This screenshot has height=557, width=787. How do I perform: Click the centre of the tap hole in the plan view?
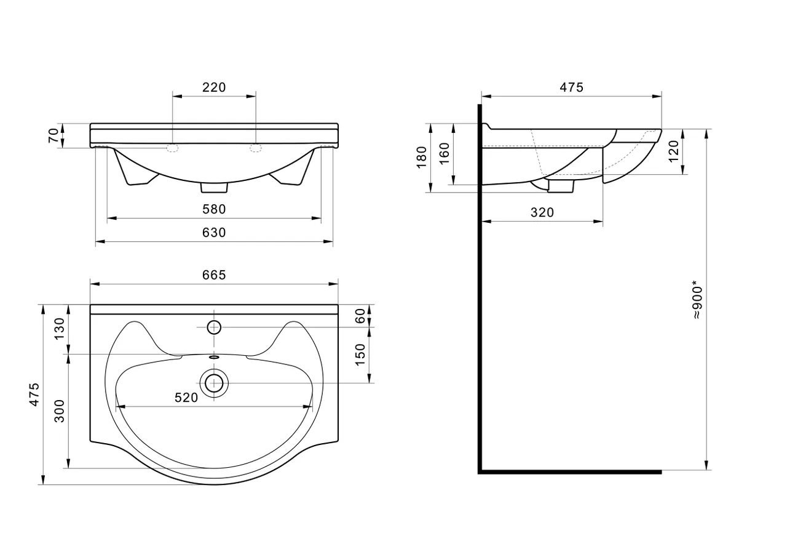[x=214, y=327]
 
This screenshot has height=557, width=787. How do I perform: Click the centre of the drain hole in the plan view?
[x=214, y=383]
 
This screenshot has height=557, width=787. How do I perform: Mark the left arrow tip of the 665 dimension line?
[x=90, y=284]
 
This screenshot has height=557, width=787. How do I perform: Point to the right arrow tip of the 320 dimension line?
[x=603, y=221]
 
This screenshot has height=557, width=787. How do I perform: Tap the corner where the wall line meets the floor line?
[x=480, y=472]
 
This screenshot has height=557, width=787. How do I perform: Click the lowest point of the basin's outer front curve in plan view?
[x=215, y=484]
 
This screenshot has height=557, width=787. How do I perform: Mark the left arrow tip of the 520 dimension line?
[x=116, y=407]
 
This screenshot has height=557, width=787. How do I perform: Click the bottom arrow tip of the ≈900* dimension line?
[x=706, y=470]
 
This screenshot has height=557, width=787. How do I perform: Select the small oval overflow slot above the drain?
[x=214, y=357]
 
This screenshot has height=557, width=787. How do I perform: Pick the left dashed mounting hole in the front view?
[x=172, y=148]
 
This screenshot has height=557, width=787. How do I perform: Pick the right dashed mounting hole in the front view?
[x=256, y=148]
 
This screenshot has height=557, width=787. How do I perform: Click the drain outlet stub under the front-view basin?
[x=214, y=188]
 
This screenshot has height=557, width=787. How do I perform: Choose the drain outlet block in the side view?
[x=561, y=186]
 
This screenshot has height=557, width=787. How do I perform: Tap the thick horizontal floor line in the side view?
[x=570, y=472]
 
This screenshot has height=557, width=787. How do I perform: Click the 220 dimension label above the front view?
[x=214, y=87]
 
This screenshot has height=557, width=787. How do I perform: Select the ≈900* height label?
[x=697, y=300]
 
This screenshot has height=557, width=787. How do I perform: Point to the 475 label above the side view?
[x=571, y=87]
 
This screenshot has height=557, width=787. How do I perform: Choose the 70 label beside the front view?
[x=53, y=135]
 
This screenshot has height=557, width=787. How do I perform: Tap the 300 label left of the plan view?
[x=60, y=411]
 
